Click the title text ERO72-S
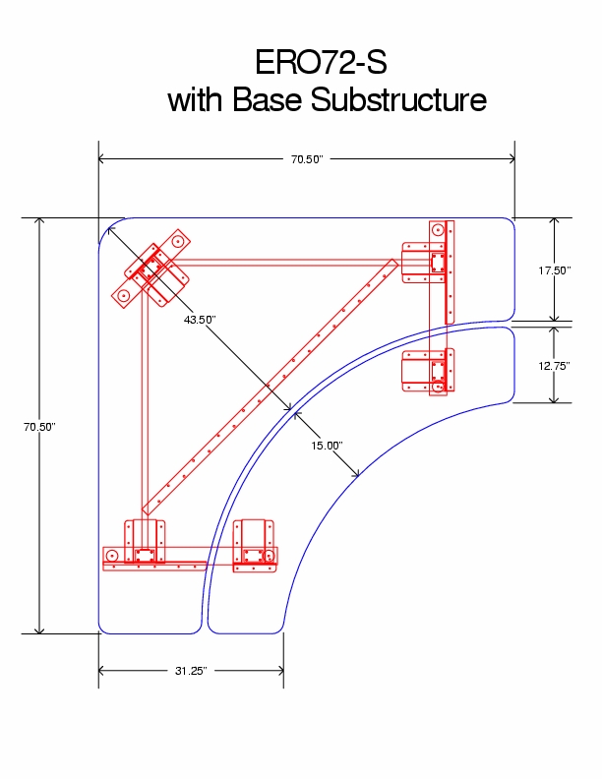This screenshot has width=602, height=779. click(321, 62)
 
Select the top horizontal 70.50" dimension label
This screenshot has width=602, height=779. click(307, 158)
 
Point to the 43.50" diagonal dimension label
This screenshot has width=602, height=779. click(199, 320)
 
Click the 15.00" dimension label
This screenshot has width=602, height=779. click(327, 446)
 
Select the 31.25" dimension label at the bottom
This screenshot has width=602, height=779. click(190, 671)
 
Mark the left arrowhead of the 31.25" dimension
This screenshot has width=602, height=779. click(103, 671)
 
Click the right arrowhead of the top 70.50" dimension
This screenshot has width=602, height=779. click(510, 158)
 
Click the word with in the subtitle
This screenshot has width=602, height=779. click(197, 100)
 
